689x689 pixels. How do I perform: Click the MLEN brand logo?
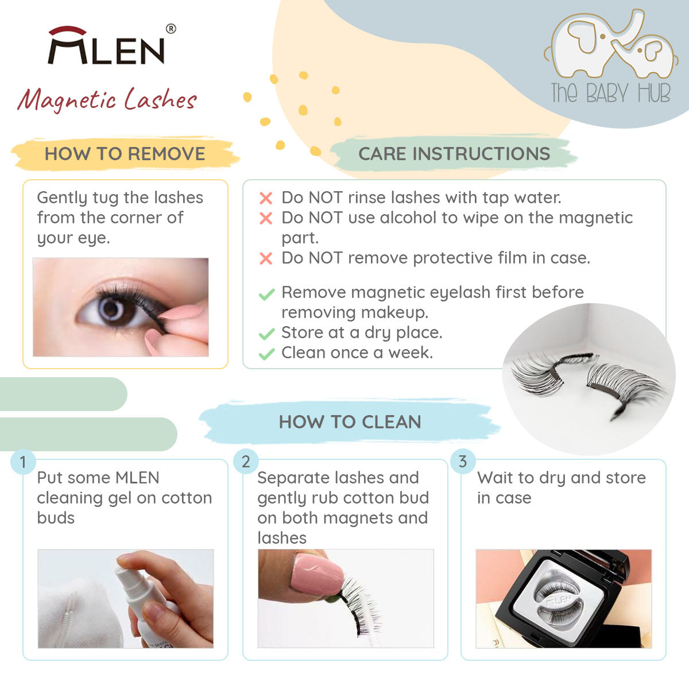[x=106, y=45]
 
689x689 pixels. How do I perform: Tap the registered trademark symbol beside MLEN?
[x=171, y=29]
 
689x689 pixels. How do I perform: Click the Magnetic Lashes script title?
[x=107, y=99]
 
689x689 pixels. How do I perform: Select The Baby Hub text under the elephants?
[x=610, y=93]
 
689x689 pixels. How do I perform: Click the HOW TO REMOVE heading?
[x=125, y=154]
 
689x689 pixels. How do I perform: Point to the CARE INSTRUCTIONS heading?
[x=454, y=154]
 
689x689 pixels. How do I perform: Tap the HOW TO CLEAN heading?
[x=350, y=422]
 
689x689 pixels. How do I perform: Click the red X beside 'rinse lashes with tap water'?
[x=266, y=198]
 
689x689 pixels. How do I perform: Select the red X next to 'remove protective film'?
[x=266, y=258]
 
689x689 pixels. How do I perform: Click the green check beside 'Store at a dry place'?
[x=267, y=334]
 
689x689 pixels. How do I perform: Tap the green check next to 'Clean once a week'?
[x=267, y=354]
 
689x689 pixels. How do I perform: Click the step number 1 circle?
[x=23, y=462]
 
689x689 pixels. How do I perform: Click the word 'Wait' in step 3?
[x=496, y=478]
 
